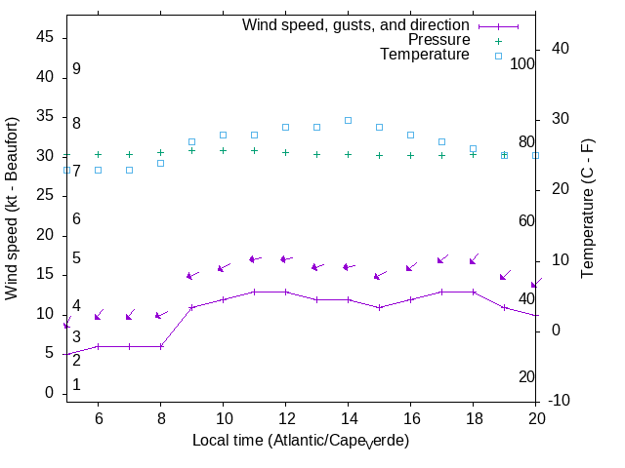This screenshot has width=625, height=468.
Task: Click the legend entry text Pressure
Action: (x=438, y=40)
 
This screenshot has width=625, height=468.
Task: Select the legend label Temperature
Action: (x=425, y=56)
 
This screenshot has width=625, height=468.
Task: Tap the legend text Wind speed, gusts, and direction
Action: (x=356, y=25)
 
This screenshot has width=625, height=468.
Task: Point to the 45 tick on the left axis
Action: (x=45, y=36)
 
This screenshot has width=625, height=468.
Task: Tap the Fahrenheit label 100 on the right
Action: (x=522, y=63)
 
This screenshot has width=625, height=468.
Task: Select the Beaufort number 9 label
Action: (x=76, y=69)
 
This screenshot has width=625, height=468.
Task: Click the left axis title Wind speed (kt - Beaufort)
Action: (x=12, y=208)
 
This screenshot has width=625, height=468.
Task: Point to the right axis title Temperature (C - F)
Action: (x=589, y=208)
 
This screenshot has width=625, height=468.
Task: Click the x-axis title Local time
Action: (x=300, y=441)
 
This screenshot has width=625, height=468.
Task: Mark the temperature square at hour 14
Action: (x=348, y=121)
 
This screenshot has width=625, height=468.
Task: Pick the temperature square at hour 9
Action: (x=191, y=141)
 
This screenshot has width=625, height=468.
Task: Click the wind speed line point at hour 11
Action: (x=254, y=292)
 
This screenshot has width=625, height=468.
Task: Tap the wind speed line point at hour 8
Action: (x=160, y=346)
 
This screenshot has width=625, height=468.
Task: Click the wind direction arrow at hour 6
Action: (x=99, y=316)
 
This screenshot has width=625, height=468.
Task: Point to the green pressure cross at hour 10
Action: (x=223, y=150)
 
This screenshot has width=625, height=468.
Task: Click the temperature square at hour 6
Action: (x=98, y=170)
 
